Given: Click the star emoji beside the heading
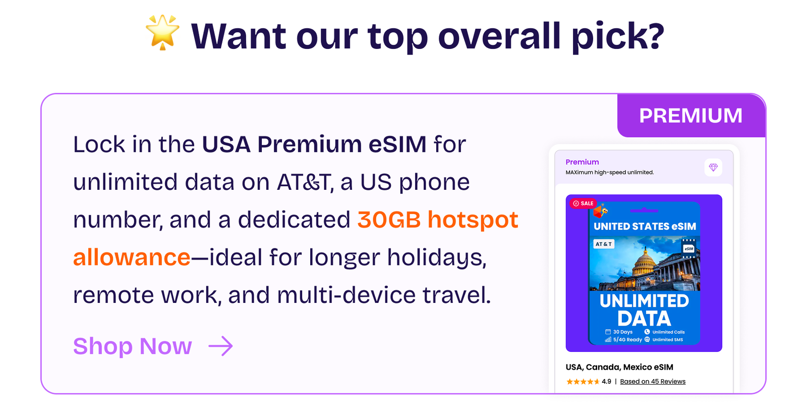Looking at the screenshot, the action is pyautogui.click(x=162, y=32).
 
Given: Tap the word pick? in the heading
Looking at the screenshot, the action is pyautogui.click(x=618, y=37).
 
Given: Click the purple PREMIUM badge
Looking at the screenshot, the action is pyautogui.click(x=691, y=116).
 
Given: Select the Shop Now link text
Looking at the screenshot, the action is pyautogui.click(x=132, y=346).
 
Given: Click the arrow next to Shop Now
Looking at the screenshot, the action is pyautogui.click(x=220, y=346).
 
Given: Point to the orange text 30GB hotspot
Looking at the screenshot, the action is pyautogui.click(x=438, y=220).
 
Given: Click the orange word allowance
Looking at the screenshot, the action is pyautogui.click(x=132, y=257).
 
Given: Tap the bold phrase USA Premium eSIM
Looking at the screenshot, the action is pyautogui.click(x=314, y=144).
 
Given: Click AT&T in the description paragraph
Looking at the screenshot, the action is pyautogui.click(x=303, y=182).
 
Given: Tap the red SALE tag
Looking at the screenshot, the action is pyautogui.click(x=583, y=203).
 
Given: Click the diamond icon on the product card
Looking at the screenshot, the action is pyautogui.click(x=713, y=167).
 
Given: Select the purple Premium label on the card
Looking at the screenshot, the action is pyautogui.click(x=582, y=162).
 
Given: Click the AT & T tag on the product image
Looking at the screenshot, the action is pyautogui.click(x=604, y=244).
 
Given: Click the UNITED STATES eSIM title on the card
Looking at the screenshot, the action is pyautogui.click(x=645, y=226).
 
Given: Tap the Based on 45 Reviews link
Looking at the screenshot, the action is pyautogui.click(x=653, y=381).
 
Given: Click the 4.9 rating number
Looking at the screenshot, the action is pyautogui.click(x=606, y=381).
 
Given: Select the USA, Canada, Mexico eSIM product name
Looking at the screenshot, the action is pyautogui.click(x=619, y=367).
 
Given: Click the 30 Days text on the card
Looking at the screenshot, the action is pyautogui.click(x=623, y=332).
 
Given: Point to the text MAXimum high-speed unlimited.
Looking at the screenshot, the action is pyautogui.click(x=610, y=172).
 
